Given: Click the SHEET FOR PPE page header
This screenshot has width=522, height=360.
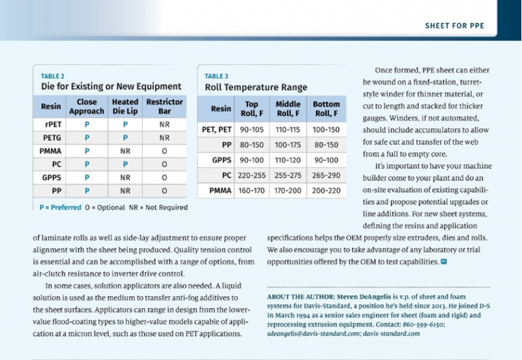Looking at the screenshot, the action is click(454, 25).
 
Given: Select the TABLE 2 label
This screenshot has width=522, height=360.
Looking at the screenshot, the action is click(53, 76).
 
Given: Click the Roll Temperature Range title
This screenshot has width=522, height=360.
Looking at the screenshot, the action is click(256, 87).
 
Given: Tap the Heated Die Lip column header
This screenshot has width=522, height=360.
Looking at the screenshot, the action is click(125, 106).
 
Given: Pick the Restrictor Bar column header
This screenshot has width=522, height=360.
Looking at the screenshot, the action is click(164, 106).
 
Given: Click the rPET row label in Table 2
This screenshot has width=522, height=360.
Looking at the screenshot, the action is click(54, 125).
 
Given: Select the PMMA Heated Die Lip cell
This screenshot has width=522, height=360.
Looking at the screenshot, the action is click(125, 151).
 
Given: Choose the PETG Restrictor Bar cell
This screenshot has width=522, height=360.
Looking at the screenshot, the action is click(164, 138).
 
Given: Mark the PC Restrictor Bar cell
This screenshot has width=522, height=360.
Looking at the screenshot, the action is click(164, 164).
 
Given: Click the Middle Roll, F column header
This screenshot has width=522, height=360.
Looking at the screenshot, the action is click(288, 109).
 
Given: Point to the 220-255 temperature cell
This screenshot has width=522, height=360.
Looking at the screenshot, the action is click(252, 175).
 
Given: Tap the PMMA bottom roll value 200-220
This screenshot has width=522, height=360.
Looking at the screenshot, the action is click(326, 190).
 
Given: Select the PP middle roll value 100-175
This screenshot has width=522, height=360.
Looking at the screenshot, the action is click(288, 145).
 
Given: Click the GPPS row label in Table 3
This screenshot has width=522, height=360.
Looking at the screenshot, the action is click(221, 160).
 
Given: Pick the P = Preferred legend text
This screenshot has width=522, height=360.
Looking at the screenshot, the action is click(60, 207).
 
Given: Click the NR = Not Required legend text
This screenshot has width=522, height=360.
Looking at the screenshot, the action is click(159, 207).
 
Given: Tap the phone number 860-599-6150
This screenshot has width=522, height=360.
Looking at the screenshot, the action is click(423, 324).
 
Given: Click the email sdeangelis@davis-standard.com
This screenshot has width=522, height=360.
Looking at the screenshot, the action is click(314, 334).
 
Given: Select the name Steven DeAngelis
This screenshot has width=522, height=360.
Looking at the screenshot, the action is click(364, 297).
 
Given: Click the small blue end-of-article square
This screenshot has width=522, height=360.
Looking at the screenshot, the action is click(444, 262).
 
